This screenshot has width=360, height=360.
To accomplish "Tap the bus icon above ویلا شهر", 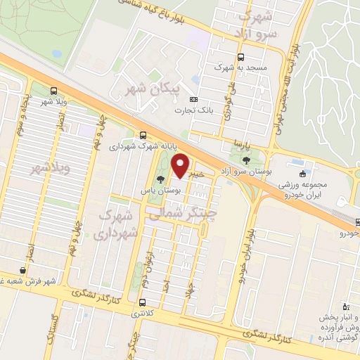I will point(54,91).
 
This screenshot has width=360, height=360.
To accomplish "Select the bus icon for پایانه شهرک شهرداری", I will point(143,135).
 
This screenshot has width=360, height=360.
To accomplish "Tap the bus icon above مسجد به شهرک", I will point(242,57).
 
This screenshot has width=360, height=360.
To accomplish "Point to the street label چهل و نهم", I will point(73,236).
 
